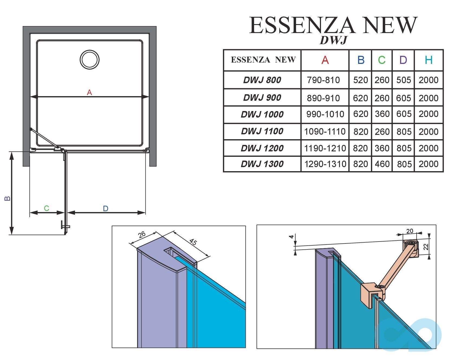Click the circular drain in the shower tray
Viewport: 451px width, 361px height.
pos(90,60)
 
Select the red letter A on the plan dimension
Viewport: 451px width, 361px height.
pos(89,93)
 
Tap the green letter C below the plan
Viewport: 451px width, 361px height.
pos(47,208)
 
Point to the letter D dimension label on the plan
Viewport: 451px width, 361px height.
pos(106,209)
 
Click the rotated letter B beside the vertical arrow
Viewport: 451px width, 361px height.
pos(8,198)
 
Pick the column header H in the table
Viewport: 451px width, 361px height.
pos(429,60)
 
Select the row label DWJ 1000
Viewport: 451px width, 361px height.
pos(262,115)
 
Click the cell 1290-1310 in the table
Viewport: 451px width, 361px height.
pos(325,164)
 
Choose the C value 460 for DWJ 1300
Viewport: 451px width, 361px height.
pos(382,164)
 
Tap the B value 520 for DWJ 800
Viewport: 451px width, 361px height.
pos(361,80)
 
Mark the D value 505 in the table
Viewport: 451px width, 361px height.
pos(404,80)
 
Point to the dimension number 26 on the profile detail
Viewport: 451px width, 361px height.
pos(142,235)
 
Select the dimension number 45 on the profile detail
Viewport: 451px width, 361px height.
pos(193,242)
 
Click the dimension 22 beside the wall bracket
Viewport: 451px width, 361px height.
pos(426,247)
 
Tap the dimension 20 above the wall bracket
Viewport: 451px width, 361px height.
pos(410,231)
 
